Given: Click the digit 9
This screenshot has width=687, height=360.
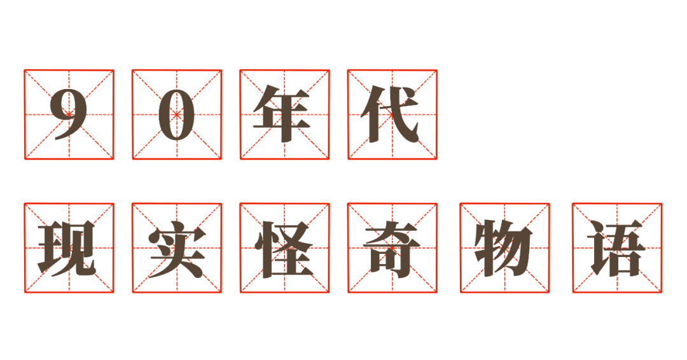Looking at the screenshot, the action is point(68,114).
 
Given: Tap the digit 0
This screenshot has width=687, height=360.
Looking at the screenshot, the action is point(177,114).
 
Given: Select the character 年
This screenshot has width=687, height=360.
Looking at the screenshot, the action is point(281,114).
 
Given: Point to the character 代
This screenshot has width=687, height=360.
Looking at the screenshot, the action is point(390,114).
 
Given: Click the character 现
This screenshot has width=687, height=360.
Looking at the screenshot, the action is point(67,248).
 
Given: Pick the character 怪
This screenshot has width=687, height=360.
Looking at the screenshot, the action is point(284,249).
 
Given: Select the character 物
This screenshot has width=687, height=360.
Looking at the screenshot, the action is point(504,248).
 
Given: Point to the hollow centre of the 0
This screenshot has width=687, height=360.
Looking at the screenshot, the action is point(177,114).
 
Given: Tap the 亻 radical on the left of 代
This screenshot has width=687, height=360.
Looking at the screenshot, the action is point(371,114).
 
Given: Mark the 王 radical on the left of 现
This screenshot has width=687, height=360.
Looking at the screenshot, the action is point(50,248).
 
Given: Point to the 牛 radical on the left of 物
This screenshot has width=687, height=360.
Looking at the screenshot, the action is point(487,248).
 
